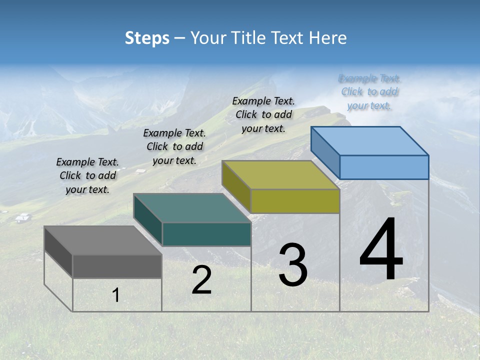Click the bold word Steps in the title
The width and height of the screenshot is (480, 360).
[147, 38]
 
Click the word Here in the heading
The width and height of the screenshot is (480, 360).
[328, 38]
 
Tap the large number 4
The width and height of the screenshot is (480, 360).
[381, 249]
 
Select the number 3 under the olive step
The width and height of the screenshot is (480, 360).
[293, 265]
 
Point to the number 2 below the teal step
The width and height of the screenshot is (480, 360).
[201, 280]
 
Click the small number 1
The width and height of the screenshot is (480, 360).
[115, 295]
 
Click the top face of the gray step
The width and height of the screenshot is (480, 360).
[103, 240]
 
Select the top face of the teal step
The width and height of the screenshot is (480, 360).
[192, 208]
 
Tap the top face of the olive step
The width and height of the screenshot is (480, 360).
[280, 175]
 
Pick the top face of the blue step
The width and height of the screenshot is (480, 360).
[370, 140]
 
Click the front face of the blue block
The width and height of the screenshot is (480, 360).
[384, 167]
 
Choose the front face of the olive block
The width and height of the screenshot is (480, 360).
[295, 201]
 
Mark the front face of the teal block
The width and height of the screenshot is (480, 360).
[206, 234]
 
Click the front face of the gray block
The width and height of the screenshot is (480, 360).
[117, 266]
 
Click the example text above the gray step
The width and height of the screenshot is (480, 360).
[87, 175]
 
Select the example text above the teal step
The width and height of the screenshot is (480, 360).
[174, 146]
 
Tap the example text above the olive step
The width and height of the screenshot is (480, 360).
[263, 114]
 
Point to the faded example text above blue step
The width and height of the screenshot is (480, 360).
[369, 91]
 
